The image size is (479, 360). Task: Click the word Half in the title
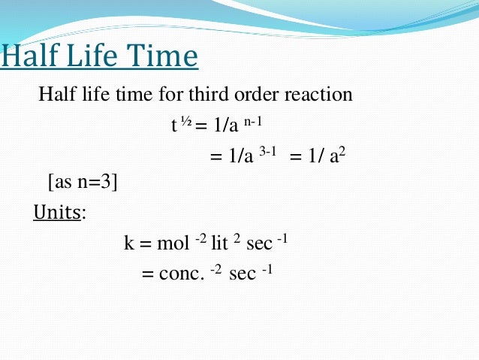pos(30,57)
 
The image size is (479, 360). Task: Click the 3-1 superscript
pos(268,151)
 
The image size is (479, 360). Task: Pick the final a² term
pos(338,156)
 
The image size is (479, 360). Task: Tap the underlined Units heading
pos(57,213)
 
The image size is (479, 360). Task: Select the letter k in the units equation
pos(128,244)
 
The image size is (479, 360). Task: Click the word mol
pos(173,244)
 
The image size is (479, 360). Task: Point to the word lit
pos(218,244)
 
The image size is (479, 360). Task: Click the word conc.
pos(181,274)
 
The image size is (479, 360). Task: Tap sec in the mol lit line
pos(259,244)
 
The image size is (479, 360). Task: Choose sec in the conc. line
pos(243,274)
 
